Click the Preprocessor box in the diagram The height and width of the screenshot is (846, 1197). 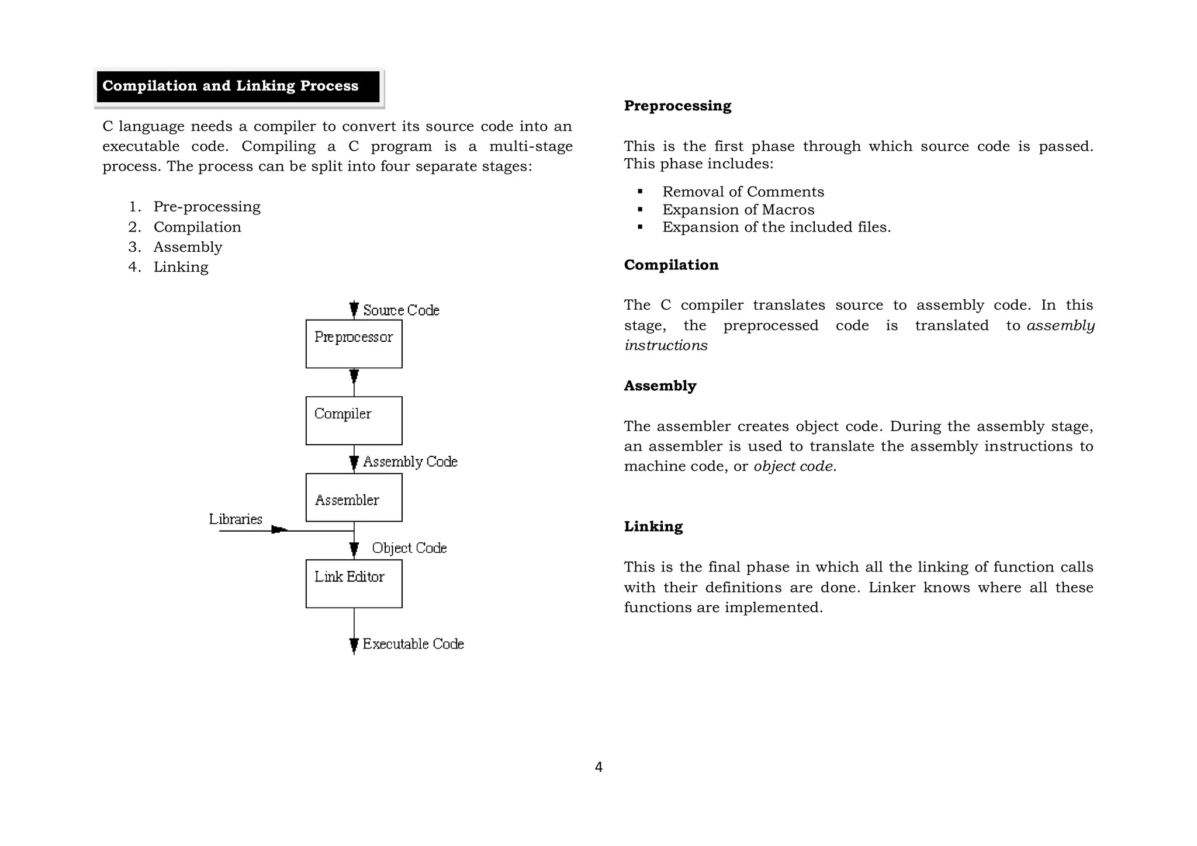354,344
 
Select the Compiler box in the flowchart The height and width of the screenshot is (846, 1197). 354,421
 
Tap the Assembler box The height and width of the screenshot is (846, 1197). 354,497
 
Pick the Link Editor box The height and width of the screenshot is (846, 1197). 354,584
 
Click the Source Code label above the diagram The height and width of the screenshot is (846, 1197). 401,310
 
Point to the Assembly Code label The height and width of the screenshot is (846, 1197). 410,462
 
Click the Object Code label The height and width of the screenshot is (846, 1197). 409,548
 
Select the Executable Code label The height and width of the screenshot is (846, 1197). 413,644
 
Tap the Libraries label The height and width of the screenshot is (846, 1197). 236,519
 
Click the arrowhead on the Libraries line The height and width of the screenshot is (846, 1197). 279,530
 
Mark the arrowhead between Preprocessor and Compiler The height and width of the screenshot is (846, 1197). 354,375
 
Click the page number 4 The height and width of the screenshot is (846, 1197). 598,767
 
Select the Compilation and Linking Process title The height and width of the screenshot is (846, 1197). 230,86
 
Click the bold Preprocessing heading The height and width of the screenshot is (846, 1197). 677,106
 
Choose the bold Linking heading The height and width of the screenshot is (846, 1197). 653,526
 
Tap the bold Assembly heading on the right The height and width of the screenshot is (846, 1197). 660,386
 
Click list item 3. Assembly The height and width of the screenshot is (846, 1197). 188,247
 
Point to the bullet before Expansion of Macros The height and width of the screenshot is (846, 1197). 641,209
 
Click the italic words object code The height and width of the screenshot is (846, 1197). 793,466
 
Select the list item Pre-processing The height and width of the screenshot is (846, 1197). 206,207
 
